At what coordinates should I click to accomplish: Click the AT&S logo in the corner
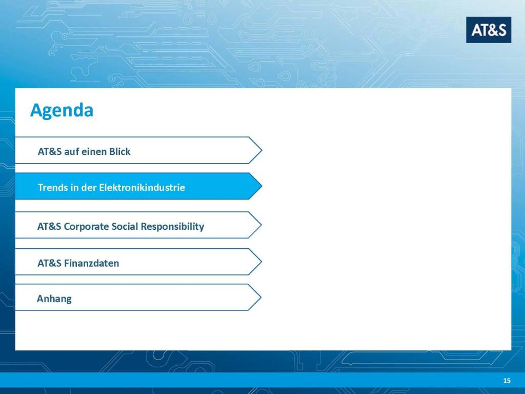[489, 30]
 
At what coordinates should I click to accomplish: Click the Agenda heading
[62, 111]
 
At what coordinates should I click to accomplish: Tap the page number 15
[507, 380]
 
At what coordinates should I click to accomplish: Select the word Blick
[119, 151]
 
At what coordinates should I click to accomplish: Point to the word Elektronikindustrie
[142, 187]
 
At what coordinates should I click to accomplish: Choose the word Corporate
[86, 227]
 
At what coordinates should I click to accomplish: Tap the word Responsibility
[172, 227]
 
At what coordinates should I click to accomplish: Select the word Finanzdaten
[91, 263]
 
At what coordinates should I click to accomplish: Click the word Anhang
[54, 299]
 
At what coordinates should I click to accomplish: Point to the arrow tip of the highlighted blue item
[262, 186]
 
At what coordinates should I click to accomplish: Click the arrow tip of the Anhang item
[261, 297]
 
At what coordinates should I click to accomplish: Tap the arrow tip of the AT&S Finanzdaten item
[261, 262]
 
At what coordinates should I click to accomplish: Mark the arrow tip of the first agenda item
[262, 150]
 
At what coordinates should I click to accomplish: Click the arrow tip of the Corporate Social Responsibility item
[261, 225]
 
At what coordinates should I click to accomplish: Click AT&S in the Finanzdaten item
[49, 263]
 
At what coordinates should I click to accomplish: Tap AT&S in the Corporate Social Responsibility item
[49, 226]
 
